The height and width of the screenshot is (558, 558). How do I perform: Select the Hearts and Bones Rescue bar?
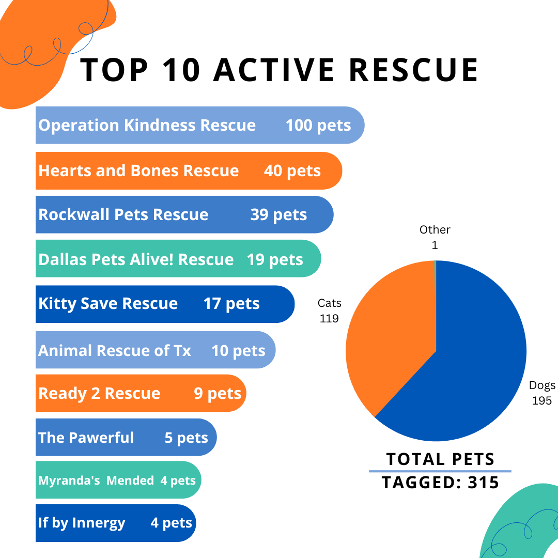(x=189, y=171)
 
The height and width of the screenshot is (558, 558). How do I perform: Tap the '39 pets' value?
(x=278, y=215)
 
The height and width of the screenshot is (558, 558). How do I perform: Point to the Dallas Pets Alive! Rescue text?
(x=136, y=259)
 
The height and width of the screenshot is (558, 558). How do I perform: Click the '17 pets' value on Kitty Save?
(x=231, y=304)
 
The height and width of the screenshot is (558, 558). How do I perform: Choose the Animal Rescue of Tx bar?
(x=155, y=350)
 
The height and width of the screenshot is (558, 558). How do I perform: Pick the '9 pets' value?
(x=218, y=394)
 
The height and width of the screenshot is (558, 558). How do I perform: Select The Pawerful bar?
(x=126, y=438)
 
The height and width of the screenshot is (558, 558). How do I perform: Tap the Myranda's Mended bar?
(x=118, y=481)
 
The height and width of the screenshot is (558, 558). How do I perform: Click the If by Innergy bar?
(x=116, y=523)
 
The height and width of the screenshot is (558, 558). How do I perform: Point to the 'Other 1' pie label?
(x=435, y=237)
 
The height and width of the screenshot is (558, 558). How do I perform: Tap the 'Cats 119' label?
(x=329, y=311)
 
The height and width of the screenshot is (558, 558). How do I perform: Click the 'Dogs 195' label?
(x=541, y=393)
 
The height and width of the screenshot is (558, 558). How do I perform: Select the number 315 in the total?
(x=483, y=482)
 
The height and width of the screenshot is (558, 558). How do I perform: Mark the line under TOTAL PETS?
(x=440, y=471)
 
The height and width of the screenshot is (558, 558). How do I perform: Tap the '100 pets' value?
(x=318, y=126)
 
